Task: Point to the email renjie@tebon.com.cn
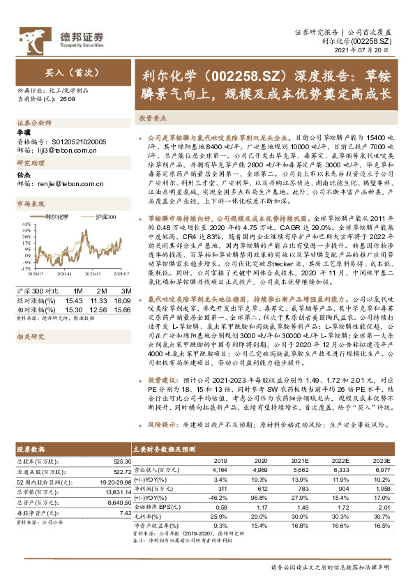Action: tap(59, 184)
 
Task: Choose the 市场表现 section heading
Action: tap(29, 204)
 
